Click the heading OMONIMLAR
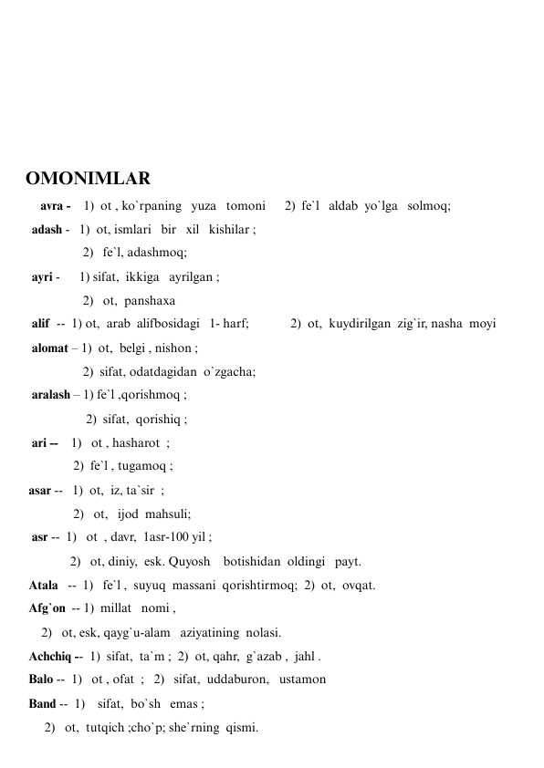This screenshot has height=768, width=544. (88, 178)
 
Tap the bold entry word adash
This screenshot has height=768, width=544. (47, 230)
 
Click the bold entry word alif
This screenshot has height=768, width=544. (40, 324)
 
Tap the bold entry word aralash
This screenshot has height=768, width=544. (51, 395)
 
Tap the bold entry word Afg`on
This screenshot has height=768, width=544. (47, 607)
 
